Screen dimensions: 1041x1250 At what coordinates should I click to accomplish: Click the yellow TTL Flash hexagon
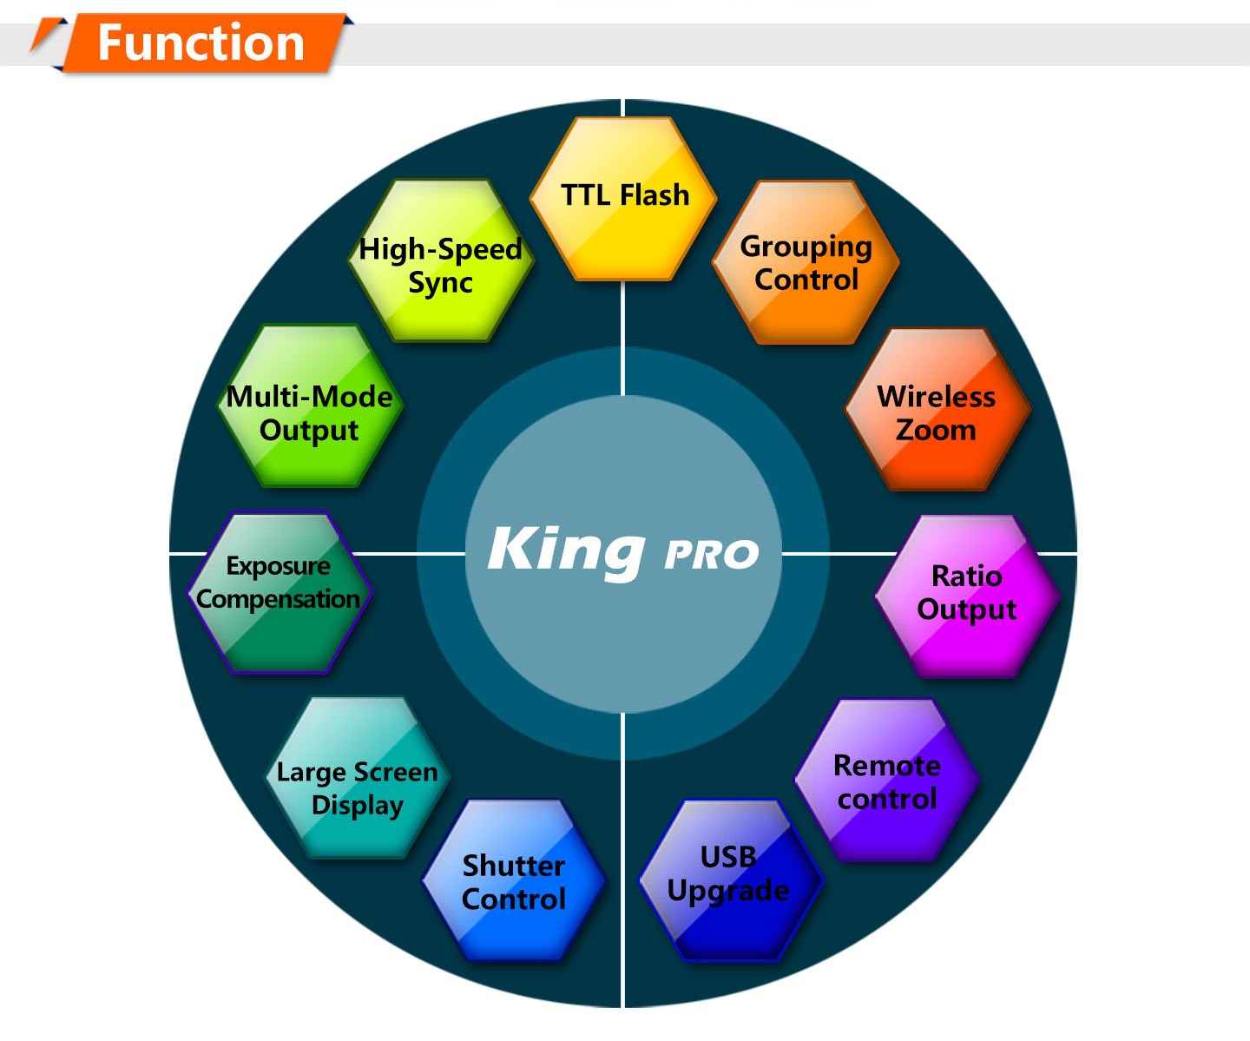click(x=624, y=199)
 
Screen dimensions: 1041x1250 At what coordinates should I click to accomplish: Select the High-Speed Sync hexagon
click(x=441, y=261)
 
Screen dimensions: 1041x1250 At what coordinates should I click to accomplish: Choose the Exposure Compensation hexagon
click(x=280, y=594)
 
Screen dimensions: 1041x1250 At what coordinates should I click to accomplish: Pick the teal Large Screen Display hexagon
click(x=358, y=779)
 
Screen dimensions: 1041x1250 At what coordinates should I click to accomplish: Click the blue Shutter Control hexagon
click(x=514, y=880)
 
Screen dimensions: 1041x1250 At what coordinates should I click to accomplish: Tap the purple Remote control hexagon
click(x=887, y=781)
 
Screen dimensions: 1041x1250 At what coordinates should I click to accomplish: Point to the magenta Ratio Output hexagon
click(x=967, y=596)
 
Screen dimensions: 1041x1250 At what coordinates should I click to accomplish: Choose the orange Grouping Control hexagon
click(x=806, y=262)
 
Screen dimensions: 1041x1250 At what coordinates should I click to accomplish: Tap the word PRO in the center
click(x=712, y=555)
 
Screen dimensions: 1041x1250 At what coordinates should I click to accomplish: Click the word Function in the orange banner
click(x=201, y=43)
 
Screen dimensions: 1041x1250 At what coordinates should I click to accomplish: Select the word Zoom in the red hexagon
click(x=936, y=430)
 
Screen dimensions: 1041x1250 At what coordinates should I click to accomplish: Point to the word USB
click(x=729, y=857)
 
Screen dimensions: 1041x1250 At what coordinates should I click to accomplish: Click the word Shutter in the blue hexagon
click(x=514, y=866)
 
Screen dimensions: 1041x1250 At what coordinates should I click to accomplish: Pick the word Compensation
click(x=278, y=599)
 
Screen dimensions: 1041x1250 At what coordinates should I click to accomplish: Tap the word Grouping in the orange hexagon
click(x=806, y=247)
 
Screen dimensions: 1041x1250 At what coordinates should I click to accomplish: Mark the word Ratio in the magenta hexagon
click(x=967, y=577)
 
